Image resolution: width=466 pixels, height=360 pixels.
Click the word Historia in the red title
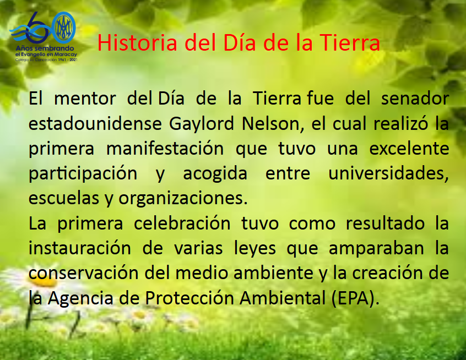[137, 42]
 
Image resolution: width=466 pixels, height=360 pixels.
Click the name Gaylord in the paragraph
[202, 124]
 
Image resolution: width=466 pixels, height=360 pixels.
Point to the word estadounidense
[95, 123]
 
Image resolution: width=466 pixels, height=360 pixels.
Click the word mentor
[85, 99]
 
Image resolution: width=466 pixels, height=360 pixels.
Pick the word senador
[415, 99]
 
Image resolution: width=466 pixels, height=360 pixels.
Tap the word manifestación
[165, 149]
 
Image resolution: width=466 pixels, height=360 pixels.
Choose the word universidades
[388, 173]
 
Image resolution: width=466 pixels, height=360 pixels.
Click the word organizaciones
[183, 198]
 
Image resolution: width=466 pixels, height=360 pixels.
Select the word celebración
[182, 223]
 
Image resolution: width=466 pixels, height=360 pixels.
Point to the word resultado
[385, 223]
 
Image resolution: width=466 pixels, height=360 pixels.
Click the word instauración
[80, 248]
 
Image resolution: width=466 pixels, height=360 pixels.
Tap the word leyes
[255, 249]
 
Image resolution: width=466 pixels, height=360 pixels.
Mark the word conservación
[84, 273]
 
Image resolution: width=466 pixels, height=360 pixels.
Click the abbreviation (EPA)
[356, 298]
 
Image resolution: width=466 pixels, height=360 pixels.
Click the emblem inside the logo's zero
[64, 28]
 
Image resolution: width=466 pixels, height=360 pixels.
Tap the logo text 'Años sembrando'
[45, 48]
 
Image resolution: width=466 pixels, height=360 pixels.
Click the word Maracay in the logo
[66, 54]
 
